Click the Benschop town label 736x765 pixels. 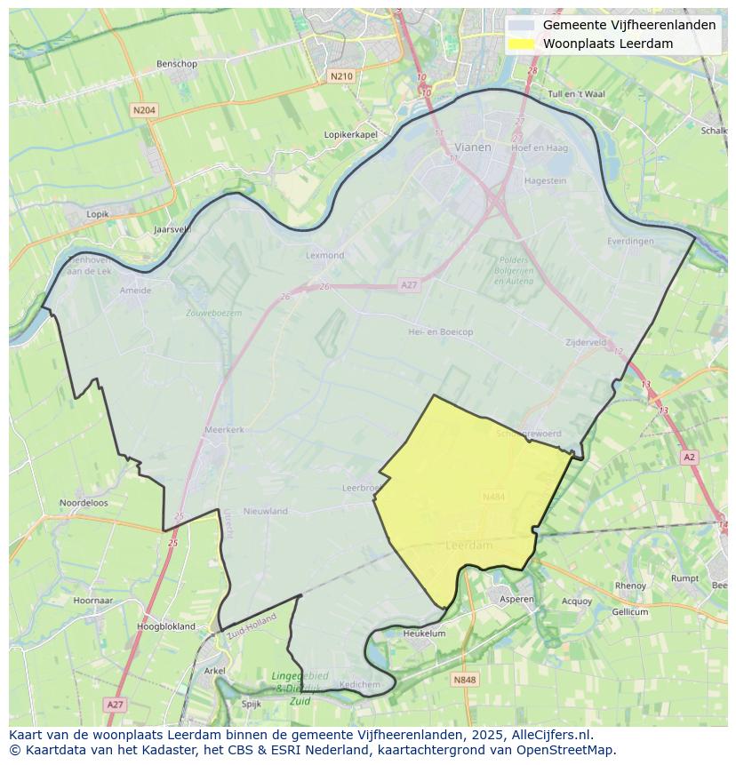click(176, 64)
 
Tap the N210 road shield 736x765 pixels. click(341, 76)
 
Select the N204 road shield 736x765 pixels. click(143, 110)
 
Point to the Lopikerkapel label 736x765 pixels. click(351, 134)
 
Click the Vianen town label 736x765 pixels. click(472, 147)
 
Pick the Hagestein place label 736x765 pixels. click(545, 179)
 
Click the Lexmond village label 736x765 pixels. click(324, 255)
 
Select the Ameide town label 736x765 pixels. click(135, 290)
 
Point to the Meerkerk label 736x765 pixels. click(224, 429)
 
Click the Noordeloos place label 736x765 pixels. click(84, 503)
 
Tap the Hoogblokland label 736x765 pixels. click(166, 626)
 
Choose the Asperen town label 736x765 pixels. click(516, 600)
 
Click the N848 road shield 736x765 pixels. click(464, 680)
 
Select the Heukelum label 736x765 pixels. click(424, 634)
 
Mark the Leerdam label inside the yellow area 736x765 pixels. click(468, 545)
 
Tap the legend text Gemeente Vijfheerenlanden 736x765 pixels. click(629, 25)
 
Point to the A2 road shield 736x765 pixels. click(690, 457)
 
